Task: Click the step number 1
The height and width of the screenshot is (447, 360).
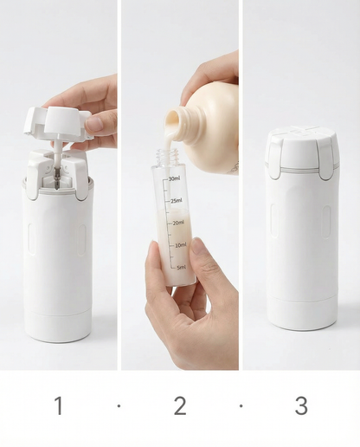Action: pos(59,405)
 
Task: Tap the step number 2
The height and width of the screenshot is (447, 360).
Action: pos(180,405)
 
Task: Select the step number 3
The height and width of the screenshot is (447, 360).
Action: pos(301,405)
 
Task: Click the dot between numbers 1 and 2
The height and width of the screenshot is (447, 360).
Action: pos(119,405)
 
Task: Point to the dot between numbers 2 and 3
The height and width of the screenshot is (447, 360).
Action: pos(241,405)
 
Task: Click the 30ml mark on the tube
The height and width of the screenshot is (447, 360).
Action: pos(174,178)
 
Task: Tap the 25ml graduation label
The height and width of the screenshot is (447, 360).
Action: pos(176,201)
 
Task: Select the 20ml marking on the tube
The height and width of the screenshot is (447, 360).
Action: pos(178,223)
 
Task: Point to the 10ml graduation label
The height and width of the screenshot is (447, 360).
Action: pos(180,245)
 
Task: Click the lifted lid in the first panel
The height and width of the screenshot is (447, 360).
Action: pos(57,121)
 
